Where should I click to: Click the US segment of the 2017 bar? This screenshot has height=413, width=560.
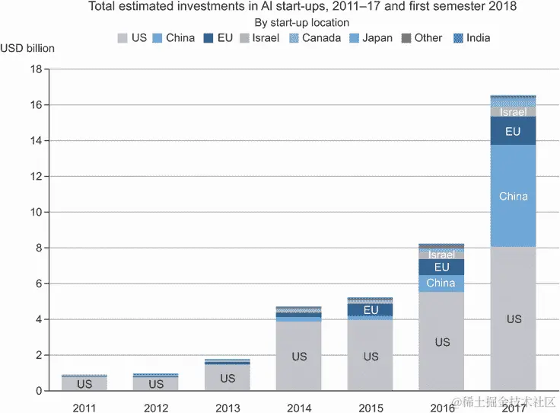tap(514, 319)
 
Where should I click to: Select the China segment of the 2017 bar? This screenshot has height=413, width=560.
tap(514, 196)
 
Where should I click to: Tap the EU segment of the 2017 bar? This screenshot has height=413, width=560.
tap(514, 131)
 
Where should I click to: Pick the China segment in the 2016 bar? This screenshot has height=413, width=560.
tap(441, 283)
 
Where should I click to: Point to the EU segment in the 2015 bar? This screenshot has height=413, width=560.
tap(371, 310)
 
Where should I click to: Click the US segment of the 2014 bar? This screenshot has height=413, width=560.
tap(299, 356)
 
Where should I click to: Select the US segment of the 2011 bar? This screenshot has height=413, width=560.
tap(84, 384)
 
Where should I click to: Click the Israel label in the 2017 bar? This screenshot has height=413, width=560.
tap(514, 112)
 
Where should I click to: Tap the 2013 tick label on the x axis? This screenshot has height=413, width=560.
tap(228, 408)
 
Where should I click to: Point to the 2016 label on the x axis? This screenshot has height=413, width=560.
tap(442, 408)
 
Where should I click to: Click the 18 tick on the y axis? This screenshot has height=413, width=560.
tap(35, 69)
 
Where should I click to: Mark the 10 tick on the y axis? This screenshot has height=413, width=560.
tap(35, 213)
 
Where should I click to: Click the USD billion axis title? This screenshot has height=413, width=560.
tap(27, 48)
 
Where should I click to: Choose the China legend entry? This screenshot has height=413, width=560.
tap(174, 37)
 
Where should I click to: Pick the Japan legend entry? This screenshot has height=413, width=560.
tap(372, 37)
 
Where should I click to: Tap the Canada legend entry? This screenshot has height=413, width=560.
tap(314, 37)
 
